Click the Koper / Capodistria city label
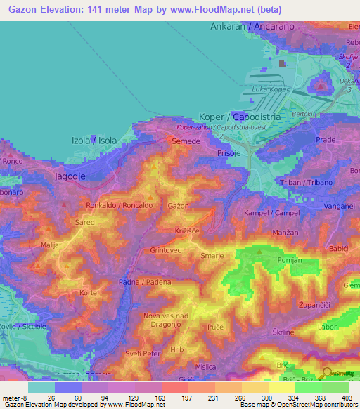point(240,117)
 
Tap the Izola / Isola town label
point(94,140)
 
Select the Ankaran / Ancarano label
point(251,26)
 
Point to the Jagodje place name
point(70,177)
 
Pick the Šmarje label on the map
point(212,256)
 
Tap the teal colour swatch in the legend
point(41,387)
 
